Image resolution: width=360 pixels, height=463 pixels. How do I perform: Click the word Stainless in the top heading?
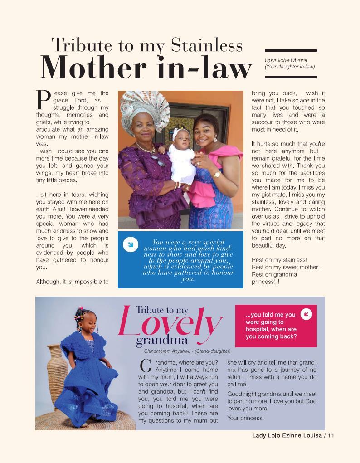(x=207, y=45)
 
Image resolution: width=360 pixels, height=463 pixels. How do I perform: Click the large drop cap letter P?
(x=43, y=100)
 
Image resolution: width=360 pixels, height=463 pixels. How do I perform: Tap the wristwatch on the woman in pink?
(x=217, y=174)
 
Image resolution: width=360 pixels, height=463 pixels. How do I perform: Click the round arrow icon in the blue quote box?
(x=131, y=245)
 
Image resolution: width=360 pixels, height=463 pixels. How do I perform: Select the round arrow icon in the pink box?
(x=306, y=314)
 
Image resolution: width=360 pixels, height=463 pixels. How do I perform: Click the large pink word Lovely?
(x=170, y=323)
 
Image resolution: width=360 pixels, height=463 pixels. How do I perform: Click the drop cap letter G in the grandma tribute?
(x=145, y=366)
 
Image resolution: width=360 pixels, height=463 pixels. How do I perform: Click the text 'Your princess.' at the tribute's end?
(x=245, y=418)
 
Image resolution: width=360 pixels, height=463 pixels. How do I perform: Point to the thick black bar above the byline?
(x=290, y=51)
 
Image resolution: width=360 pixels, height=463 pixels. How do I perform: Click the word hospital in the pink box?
(x=258, y=329)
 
